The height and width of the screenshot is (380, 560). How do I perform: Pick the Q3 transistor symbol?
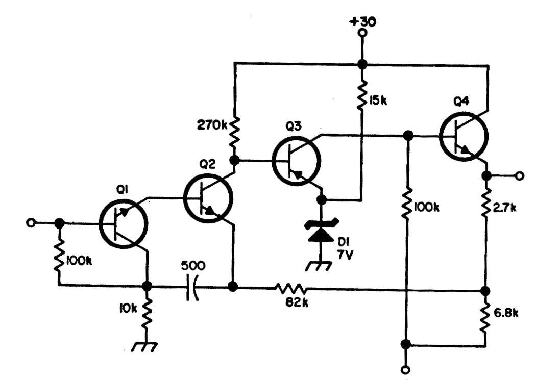click(296, 160)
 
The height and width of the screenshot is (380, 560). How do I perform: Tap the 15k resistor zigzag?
click(362, 93)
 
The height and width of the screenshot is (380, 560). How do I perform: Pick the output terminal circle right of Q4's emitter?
click(519, 176)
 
